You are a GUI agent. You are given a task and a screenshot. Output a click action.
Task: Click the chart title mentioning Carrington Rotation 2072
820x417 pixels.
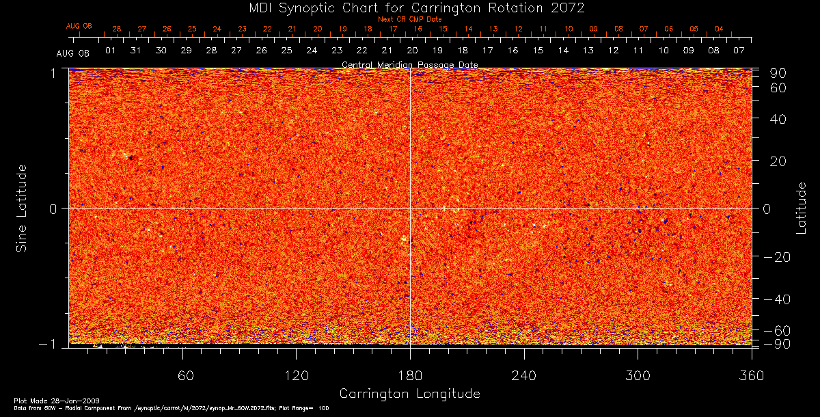point(409,8)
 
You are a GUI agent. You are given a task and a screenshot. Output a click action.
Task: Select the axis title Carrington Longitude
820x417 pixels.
point(409,394)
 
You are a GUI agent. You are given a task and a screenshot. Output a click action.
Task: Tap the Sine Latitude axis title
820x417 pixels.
point(22,207)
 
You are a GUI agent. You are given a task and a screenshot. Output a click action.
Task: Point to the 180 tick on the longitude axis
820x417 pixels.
point(410,375)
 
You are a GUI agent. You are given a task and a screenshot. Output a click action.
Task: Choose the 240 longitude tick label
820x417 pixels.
point(523,375)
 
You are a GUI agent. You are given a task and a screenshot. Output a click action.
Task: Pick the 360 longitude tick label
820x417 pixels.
point(752,375)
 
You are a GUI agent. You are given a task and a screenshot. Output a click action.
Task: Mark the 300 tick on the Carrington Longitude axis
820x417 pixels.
point(638,375)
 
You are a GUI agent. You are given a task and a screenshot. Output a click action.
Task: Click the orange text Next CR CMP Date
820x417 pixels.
point(409,19)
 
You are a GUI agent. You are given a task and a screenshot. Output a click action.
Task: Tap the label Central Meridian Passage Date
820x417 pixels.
point(409,65)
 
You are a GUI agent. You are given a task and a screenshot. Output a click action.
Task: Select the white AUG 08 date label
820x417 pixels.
point(73,53)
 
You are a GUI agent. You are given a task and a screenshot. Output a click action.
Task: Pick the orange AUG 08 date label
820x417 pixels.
point(79,26)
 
